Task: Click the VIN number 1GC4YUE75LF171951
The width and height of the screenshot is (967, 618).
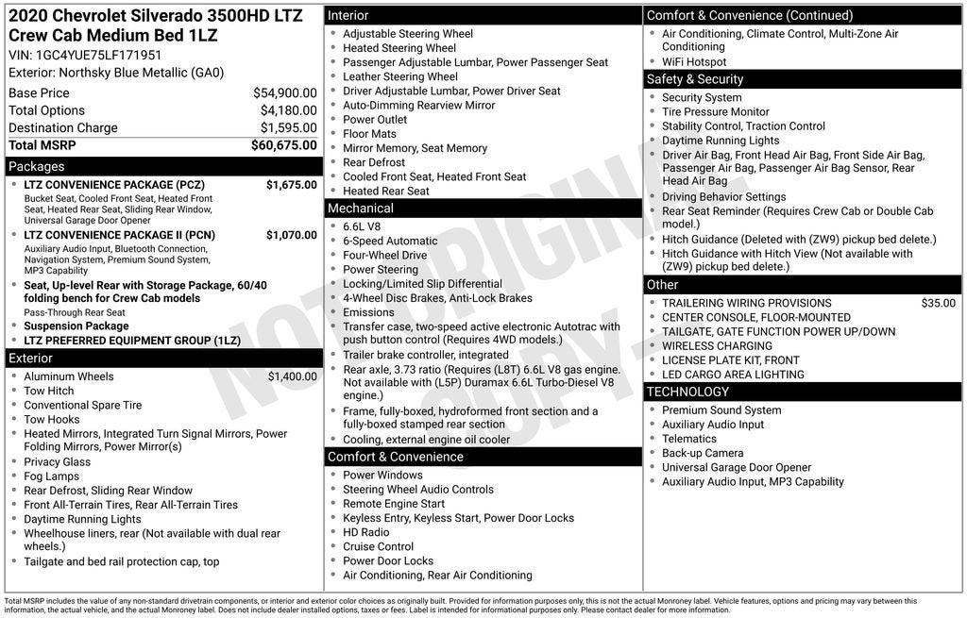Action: (x=99, y=55)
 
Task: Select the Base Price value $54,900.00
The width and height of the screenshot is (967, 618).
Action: (x=284, y=93)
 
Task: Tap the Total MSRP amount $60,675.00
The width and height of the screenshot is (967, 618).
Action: (x=283, y=145)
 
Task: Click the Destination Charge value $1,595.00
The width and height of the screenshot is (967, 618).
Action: (x=288, y=128)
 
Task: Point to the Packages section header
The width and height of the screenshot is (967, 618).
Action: (x=37, y=166)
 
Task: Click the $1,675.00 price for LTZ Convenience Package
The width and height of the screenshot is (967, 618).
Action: (x=291, y=185)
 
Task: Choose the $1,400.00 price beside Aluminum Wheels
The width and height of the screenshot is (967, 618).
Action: (x=292, y=376)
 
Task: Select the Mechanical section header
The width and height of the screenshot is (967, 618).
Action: (x=360, y=208)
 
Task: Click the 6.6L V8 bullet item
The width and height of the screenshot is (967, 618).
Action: (x=364, y=226)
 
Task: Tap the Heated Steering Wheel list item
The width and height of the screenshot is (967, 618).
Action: (x=399, y=48)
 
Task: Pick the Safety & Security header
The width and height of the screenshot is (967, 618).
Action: (x=695, y=79)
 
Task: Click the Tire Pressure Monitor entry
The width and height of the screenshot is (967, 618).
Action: (x=715, y=112)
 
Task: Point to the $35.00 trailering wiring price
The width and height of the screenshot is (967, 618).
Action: (x=938, y=304)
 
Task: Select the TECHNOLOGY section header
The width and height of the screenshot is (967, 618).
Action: (x=687, y=392)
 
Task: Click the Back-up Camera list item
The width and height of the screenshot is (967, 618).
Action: (x=702, y=453)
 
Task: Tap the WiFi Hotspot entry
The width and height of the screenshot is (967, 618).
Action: (x=694, y=62)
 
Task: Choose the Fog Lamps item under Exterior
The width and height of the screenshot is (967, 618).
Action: (x=51, y=476)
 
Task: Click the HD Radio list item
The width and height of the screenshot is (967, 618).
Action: (x=366, y=532)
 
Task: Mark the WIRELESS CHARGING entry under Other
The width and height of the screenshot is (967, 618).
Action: (x=717, y=346)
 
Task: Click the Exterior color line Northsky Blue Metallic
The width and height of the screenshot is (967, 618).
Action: (x=116, y=73)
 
